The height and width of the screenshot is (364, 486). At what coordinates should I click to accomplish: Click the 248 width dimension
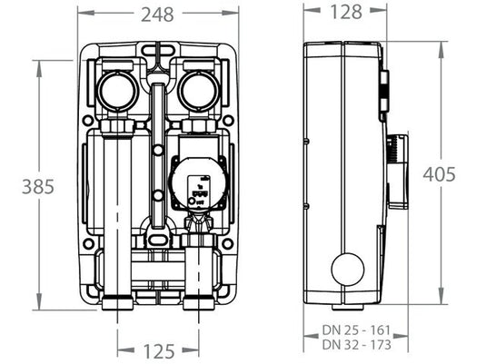click(158, 14)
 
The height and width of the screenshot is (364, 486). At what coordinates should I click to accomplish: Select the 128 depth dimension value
click(344, 13)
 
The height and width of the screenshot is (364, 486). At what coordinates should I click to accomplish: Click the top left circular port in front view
click(121, 90)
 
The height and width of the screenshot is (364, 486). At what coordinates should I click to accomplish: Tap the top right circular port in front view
click(195, 90)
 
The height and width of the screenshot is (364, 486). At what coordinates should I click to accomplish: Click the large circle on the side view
click(346, 270)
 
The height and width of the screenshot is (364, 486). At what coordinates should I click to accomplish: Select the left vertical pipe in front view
click(121, 209)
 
